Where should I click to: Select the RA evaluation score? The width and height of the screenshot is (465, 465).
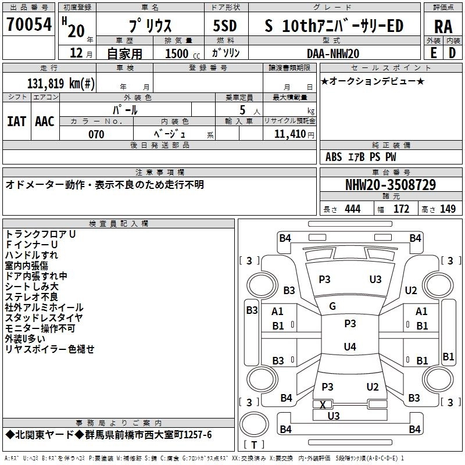pyautogui.click(x=442, y=26)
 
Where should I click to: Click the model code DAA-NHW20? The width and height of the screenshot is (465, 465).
pyautogui.click(x=333, y=53)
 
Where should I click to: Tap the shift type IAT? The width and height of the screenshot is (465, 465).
pyautogui.click(x=16, y=121)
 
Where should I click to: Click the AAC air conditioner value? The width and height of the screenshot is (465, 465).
pyautogui.click(x=45, y=121)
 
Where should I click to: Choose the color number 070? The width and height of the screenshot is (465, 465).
pyautogui.click(x=96, y=134)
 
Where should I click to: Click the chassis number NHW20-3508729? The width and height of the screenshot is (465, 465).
pyautogui.click(x=390, y=185)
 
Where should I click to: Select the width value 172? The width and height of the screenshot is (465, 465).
pyautogui.click(x=402, y=209)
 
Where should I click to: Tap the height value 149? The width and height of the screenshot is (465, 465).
pyautogui.click(x=448, y=209)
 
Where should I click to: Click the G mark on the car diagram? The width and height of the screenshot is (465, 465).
pyautogui.click(x=332, y=306)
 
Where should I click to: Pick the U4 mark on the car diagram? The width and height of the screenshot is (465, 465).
pyautogui.click(x=349, y=347)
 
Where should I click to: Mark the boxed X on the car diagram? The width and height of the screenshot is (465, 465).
pyautogui.click(x=323, y=404)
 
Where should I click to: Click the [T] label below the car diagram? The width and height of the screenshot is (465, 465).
pyautogui.click(x=254, y=445)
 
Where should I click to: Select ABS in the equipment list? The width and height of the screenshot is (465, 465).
pyautogui.click(x=334, y=157)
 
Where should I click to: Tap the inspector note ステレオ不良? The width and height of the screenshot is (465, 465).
pyautogui.click(x=31, y=297)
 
